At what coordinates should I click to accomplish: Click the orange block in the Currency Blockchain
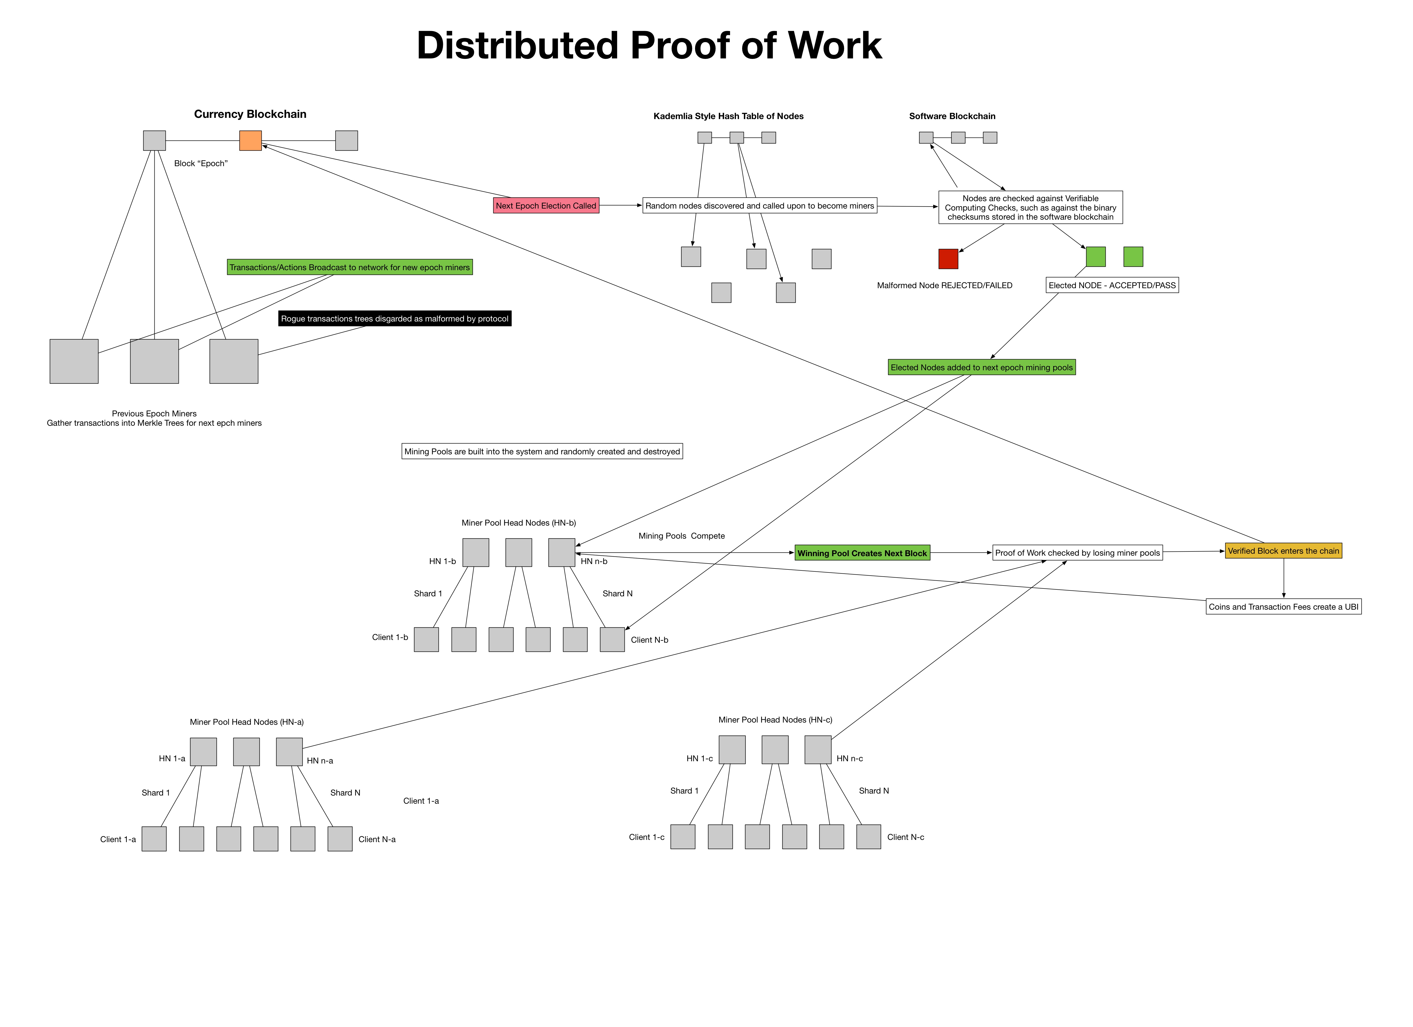(250, 141)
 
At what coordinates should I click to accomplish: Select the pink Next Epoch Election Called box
(546, 206)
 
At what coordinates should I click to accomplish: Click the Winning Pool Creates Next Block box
(862, 553)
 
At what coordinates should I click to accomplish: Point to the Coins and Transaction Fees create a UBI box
(1284, 607)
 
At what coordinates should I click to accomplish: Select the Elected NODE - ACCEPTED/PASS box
(1112, 285)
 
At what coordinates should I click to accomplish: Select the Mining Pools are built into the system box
(542, 452)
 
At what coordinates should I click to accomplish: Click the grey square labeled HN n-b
(561, 552)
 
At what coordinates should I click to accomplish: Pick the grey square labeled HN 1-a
(203, 752)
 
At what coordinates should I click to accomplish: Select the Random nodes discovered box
(759, 206)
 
